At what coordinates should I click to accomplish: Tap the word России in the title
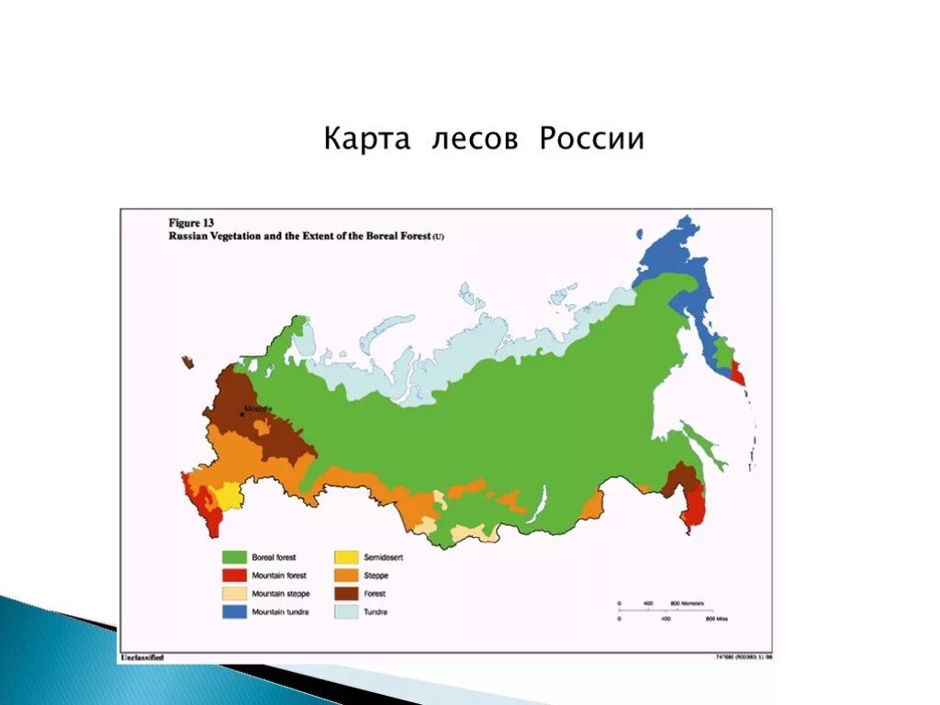591,140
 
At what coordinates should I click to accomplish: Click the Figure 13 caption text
191,222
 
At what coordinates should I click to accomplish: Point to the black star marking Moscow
242,414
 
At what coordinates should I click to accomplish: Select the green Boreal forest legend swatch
235,557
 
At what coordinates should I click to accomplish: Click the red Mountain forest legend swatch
235,576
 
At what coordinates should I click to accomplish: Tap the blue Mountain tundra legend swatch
235,611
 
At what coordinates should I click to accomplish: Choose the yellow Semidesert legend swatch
346,557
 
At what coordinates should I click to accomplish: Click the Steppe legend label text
375,576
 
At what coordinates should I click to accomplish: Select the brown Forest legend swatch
346,594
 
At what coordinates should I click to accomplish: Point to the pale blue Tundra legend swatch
346,611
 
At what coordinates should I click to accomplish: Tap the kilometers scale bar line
661,609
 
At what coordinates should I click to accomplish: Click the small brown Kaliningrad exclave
189,363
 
